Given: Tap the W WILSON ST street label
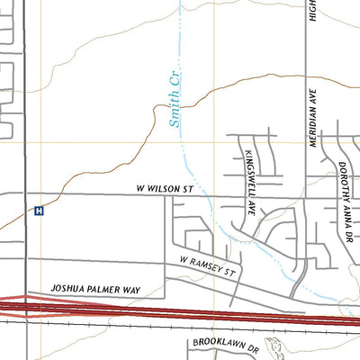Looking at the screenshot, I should point(165,190).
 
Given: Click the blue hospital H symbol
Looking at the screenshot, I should point(39,211).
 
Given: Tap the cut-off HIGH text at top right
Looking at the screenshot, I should point(312,11).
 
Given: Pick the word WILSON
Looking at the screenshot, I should point(162,190).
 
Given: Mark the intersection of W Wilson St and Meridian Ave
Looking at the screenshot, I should point(305,195).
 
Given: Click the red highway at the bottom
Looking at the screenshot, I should point(180,310).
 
